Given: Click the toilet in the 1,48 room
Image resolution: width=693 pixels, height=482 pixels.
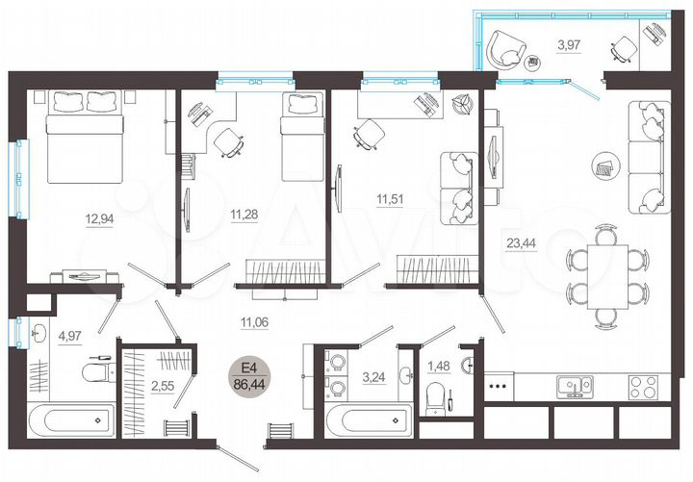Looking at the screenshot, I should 438,395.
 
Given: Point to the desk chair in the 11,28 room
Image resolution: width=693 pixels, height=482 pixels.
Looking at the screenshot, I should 228,140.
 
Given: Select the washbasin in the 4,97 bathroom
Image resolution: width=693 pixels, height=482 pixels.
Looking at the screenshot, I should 38,336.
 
